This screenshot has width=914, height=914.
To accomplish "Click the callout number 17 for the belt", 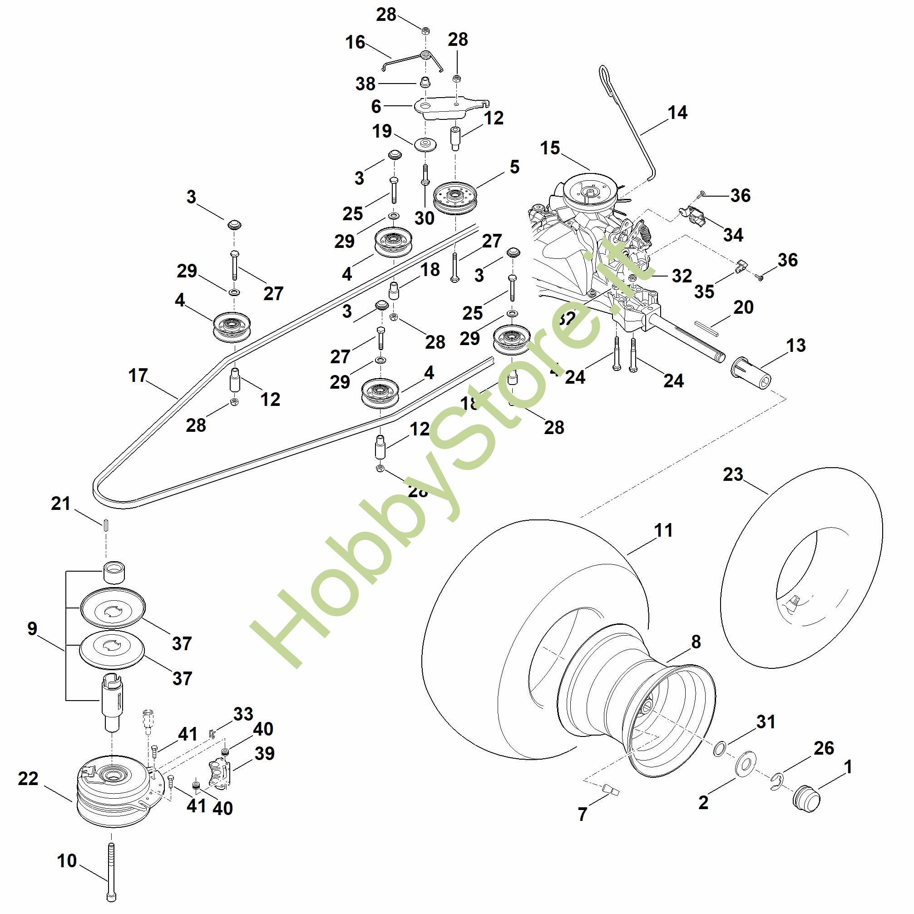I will click(138, 376).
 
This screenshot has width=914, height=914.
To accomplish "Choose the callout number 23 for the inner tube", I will click(733, 474).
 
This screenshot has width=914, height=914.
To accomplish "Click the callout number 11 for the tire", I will click(663, 530).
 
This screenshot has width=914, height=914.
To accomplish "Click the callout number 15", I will click(550, 148).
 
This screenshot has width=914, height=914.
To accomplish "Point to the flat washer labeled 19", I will click(425, 144).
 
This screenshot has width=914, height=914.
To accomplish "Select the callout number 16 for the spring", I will click(355, 43).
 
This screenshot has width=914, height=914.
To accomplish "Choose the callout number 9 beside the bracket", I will click(32, 629).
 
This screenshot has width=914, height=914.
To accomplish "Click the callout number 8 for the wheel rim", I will click(696, 642).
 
